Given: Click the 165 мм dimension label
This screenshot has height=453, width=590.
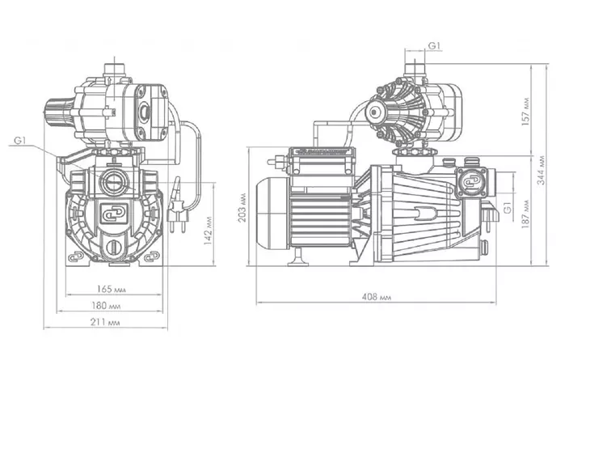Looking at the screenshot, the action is coord(111,290).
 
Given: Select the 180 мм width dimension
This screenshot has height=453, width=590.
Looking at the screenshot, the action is coord(106,306).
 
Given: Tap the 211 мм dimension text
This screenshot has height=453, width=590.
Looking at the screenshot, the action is coord(105,322).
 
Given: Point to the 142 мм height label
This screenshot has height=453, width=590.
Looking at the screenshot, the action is coord(208,231).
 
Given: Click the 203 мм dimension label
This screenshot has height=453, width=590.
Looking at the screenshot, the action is coord(242,208).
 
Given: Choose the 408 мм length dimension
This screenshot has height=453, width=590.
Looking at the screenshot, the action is coord(377,297).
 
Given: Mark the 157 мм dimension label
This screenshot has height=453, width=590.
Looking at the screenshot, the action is coord(526,112).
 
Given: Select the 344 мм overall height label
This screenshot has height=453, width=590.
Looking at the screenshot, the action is coord(542,170).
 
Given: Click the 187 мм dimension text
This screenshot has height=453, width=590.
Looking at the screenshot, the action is coord(526,214).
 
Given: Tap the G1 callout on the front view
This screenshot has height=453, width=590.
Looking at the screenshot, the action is coord(19,141).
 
